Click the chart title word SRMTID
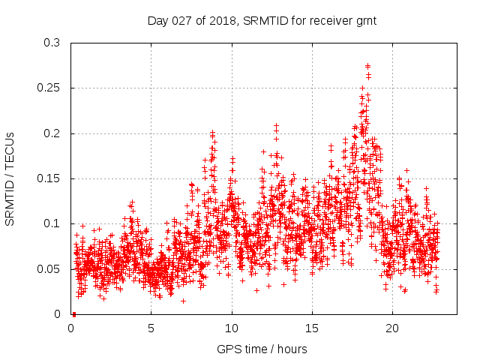click(259, 21)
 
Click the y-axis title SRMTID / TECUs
click(10, 178)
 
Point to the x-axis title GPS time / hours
click(262, 349)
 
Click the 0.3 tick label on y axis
click(52, 43)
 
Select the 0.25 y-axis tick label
click(49, 88)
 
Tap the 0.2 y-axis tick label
click(52, 133)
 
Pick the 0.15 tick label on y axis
click(49, 178)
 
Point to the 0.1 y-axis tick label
click(52, 223)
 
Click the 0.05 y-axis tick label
click(49, 269)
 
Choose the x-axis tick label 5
click(151, 328)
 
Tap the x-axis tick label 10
click(232, 328)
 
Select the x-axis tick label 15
click(312, 328)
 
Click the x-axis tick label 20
click(392, 328)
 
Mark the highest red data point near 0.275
click(367, 66)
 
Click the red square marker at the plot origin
click(73, 314)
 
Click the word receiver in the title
click(324, 21)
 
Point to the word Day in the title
click(158, 21)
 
